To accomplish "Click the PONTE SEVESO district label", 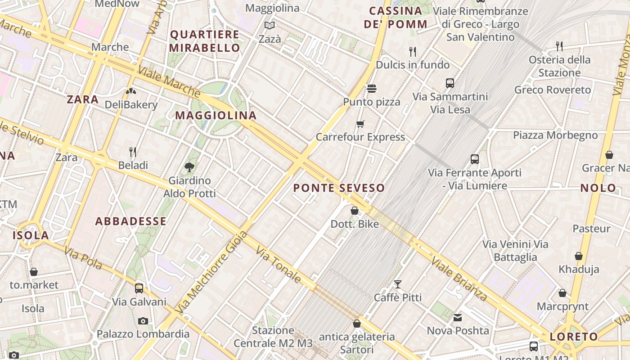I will [339, 188].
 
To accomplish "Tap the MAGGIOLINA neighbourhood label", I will [216, 116].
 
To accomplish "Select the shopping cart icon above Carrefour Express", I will [360, 124].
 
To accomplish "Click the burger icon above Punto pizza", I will [371, 89].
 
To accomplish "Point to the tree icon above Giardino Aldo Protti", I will [189, 167].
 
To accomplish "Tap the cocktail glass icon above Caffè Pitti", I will [398, 284].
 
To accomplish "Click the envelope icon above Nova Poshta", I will [458, 318].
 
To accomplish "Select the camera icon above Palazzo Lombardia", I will [143, 321].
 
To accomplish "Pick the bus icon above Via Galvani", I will [139, 288].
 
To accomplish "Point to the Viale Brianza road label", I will [459, 279].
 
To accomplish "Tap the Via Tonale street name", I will [279, 265].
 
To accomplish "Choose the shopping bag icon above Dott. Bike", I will [355, 211].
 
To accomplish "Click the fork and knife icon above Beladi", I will [133, 152].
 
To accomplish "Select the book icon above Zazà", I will [270, 26].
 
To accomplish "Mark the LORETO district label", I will [573, 337].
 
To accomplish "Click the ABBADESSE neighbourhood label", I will [130, 221].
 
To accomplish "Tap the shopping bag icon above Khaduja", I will [579, 256].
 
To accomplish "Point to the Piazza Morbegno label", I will [555, 135].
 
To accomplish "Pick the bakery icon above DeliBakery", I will [131, 92].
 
